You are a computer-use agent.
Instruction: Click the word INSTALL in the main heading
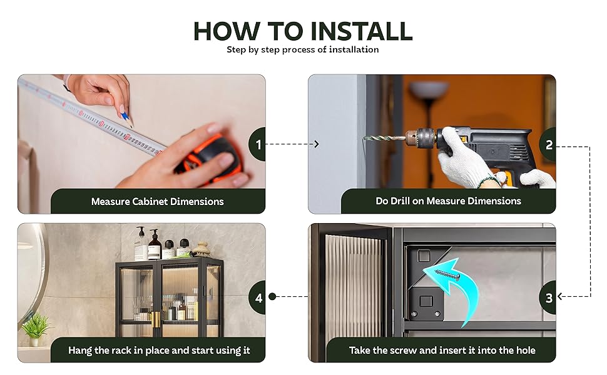click(x=361, y=31)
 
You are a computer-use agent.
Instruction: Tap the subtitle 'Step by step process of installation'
click(x=303, y=49)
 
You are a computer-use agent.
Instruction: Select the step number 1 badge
click(x=257, y=144)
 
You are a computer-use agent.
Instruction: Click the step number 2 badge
click(x=548, y=144)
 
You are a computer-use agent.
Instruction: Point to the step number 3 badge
click(x=548, y=297)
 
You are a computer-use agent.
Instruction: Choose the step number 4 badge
click(x=258, y=297)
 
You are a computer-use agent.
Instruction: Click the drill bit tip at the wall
click(x=364, y=137)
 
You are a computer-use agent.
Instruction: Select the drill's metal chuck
click(x=420, y=137)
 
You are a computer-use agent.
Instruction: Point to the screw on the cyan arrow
click(x=447, y=274)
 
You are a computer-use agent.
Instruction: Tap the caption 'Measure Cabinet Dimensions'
click(x=158, y=201)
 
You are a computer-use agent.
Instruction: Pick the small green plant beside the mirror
click(x=36, y=329)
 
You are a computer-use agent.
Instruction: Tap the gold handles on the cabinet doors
click(x=156, y=320)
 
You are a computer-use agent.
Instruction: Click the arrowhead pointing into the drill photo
click(x=316, y=144)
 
